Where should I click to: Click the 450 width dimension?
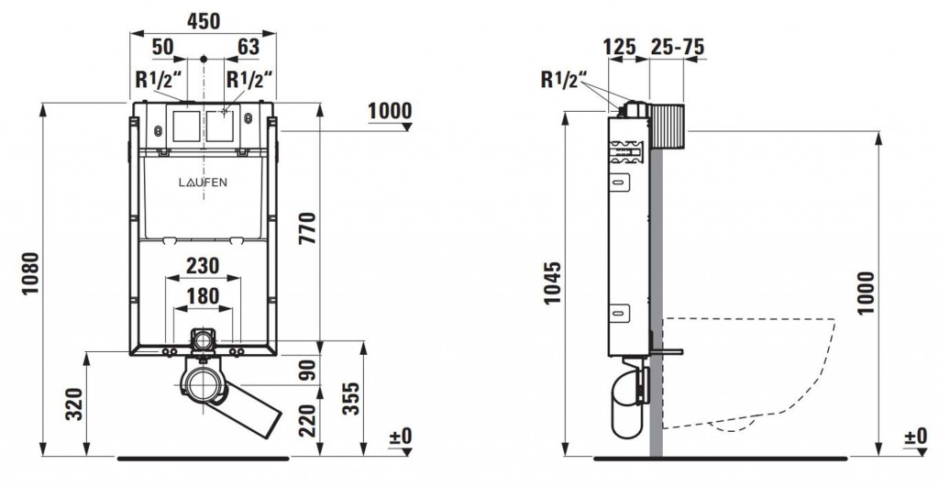[x=204, y=22]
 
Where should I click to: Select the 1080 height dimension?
[x=30, y=273]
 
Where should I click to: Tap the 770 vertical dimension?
[x=307, y=228]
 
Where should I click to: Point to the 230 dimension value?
[x=203, y=265]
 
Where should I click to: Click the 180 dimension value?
[x=203, y=296]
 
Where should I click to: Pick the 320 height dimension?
[x=73, y=404]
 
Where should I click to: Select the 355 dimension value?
[x=351, y=398]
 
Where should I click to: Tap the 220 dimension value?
[x=307, y=421]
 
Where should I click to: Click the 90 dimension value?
[x=307, y=371]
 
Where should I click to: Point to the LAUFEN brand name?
[x=203, y=183]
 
